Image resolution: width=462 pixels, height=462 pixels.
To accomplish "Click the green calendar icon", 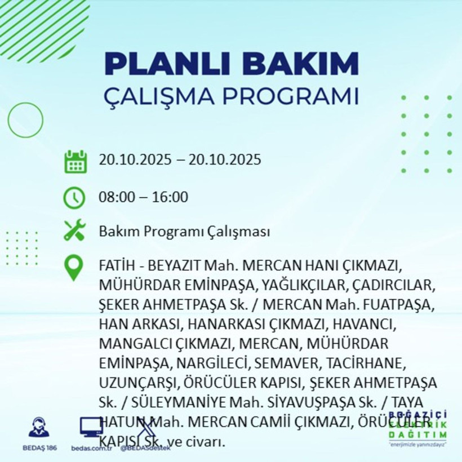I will pyautogui.click(x=75, y=161).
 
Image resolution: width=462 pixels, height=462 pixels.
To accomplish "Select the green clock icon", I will pyautogui.click(x=74, y=198).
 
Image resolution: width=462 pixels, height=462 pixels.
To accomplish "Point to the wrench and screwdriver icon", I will pyautogui.click(x=74, y=230).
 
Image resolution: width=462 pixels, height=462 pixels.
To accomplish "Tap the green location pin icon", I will pyautogui.click(x=74, y=268).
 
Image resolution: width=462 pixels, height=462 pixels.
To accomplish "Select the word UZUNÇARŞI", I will pyautogui.click(x=137, y=382).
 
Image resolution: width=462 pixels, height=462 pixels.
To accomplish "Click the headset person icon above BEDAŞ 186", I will pyautogui.click(x=39, y=427).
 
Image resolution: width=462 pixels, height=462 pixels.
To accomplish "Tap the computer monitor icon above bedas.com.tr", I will pyautogui.click(x=91, y=427).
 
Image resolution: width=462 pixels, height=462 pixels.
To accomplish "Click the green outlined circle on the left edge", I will pyautogui.click(x=25, y=119).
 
